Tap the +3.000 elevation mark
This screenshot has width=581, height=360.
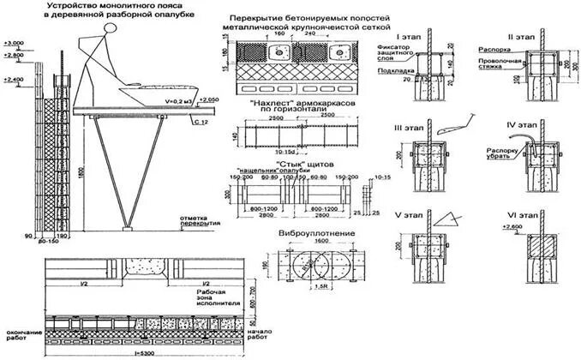[x=13, y=41]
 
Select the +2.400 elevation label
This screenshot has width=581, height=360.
[x=13, y=79]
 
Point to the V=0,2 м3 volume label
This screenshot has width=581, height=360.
[x=177, y=99]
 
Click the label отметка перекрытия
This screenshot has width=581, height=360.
[x=200, y=221]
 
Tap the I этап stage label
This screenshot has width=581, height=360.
[x=409, y=38]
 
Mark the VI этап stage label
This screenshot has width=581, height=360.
[x=519, y=211]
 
